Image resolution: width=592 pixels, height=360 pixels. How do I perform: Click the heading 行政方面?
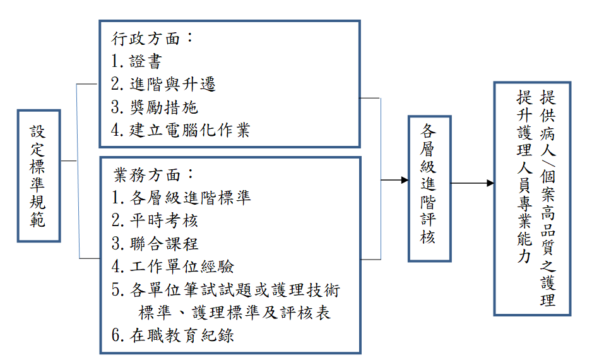(x=151, y=38)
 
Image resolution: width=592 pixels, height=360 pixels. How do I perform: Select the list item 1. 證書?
(x=136, y=61)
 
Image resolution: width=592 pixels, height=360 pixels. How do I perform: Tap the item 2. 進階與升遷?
(x=163, y=84)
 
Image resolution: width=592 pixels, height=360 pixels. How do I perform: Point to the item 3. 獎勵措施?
(x=155, y=107)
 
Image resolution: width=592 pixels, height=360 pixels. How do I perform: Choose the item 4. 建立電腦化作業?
(x=181, y=130)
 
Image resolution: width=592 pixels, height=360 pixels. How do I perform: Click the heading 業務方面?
(x=153, y=174)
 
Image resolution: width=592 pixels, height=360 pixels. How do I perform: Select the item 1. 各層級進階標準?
(x=181, y=198)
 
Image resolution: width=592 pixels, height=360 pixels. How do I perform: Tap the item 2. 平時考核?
(x=155, y=220)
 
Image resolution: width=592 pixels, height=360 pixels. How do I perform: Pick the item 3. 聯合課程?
(x=155, y=243)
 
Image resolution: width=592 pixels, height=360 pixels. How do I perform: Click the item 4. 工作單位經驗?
(x=172, y=267)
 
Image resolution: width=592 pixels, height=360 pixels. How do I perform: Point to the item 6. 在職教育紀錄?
(x=172, y=335)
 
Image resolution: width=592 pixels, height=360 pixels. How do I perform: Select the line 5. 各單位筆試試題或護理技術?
(x=226, y=290)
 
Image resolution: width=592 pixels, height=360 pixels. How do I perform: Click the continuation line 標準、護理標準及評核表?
(x=234, y=313)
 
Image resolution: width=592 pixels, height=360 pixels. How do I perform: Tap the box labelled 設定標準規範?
(x=39, y=176)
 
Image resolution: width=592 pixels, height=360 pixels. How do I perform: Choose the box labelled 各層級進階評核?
(x=430, y=189)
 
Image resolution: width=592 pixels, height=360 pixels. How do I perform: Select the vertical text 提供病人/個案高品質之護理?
(x=548, y=198)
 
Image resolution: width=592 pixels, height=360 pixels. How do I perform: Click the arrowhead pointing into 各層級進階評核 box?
(x=405, y=180)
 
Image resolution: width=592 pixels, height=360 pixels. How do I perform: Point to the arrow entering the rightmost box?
(x=473, y=183)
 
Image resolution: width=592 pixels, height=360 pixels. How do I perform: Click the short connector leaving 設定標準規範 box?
(x=69, y=161)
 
